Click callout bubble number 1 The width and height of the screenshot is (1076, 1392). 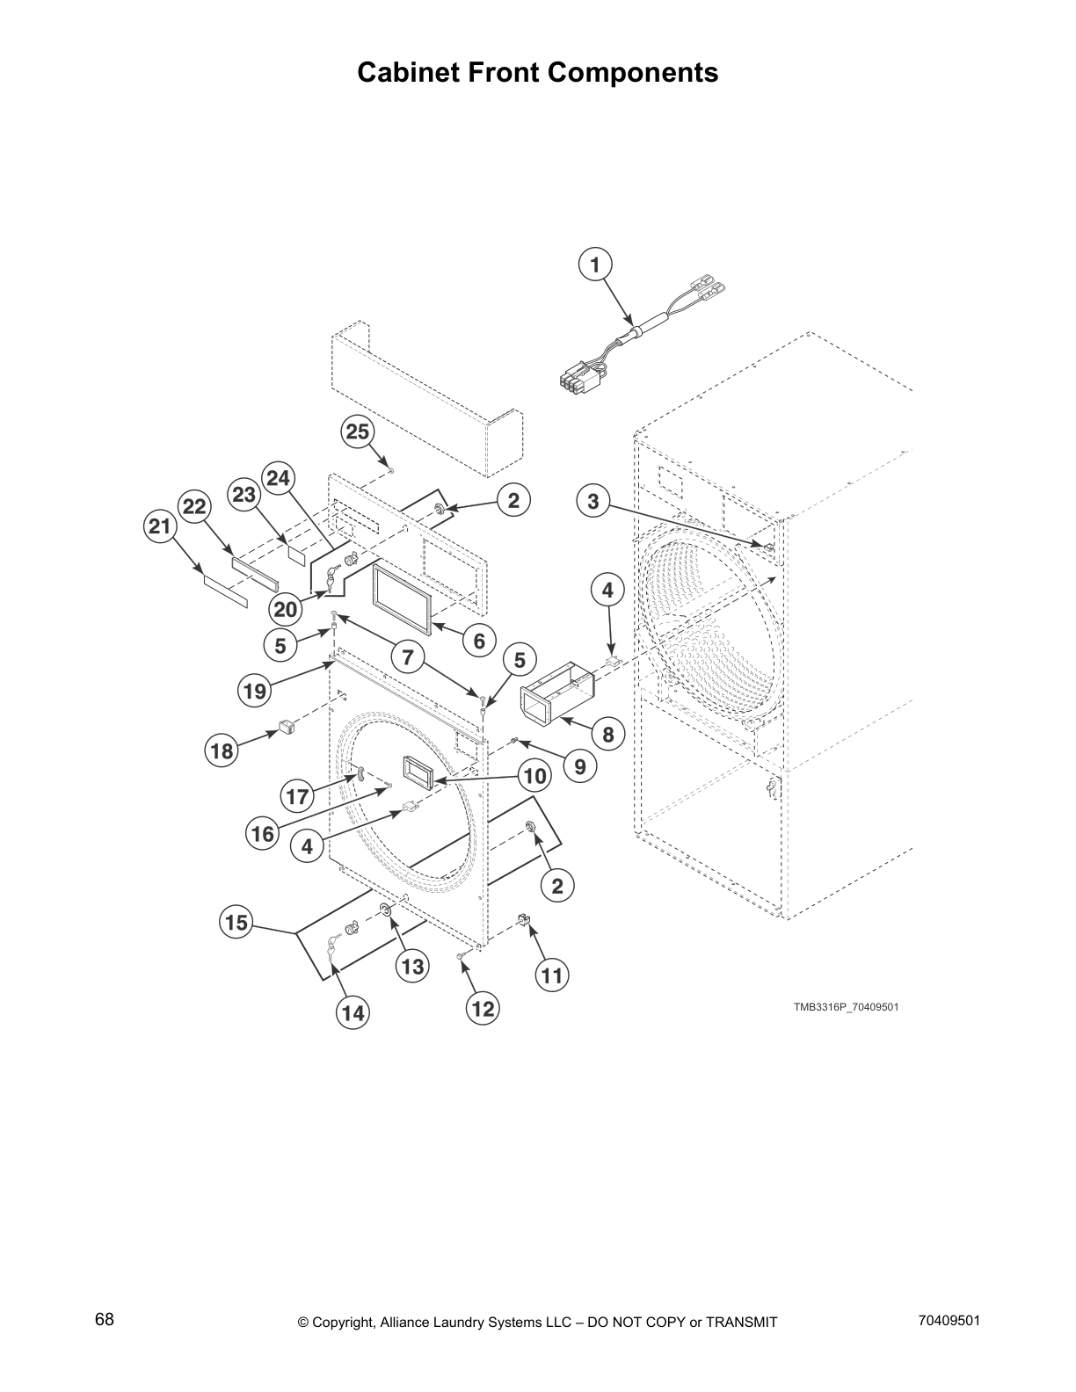pos(595,265)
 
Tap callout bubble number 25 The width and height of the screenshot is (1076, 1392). pos(357,431)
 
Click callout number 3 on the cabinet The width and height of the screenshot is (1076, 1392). pos(593,502)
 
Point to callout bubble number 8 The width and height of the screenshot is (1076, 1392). pos(608,734)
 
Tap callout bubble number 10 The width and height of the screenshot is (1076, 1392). pos(534,776)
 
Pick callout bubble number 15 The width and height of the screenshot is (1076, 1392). pos(236,923)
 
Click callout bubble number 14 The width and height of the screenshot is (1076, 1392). pos(353,1013)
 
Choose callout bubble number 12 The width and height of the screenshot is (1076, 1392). pos(483,1009)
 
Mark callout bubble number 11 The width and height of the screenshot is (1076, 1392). pos(551,975)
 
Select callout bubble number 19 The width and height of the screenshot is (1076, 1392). pos(254,691)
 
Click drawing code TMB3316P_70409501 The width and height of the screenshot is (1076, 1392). pos(846,1007)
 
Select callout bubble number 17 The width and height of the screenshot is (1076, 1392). pos(298,797)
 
